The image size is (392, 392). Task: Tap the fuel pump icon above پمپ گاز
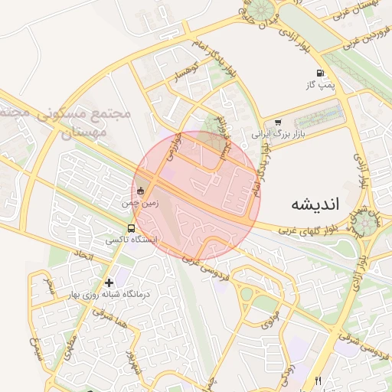[x=319, y=75]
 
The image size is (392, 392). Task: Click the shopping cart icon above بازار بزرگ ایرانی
[x=278, y=122]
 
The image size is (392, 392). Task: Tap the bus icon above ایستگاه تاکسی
[x=131, y=228]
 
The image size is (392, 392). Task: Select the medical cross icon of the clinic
[x=109, y=283]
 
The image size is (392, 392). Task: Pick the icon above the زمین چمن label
[x=139, y=191]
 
